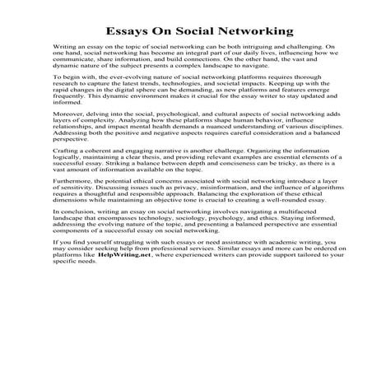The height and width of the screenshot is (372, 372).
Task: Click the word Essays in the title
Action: point(128,32)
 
